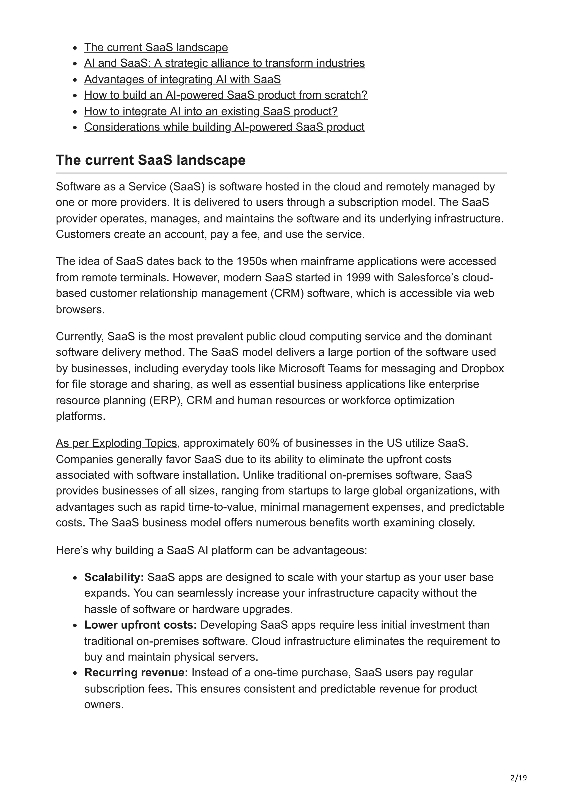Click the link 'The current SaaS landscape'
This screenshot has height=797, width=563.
156,47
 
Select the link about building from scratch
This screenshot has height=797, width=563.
225,95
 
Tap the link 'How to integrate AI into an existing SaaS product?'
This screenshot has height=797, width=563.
211,111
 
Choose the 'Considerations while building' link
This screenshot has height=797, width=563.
224,127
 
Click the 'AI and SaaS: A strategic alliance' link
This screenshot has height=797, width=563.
224,63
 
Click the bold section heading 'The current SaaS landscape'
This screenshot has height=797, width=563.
151,160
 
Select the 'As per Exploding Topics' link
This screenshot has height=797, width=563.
116,443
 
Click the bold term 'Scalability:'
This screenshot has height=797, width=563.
114,577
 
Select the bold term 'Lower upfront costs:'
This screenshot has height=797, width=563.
140,625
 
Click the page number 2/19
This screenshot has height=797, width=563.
518,778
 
